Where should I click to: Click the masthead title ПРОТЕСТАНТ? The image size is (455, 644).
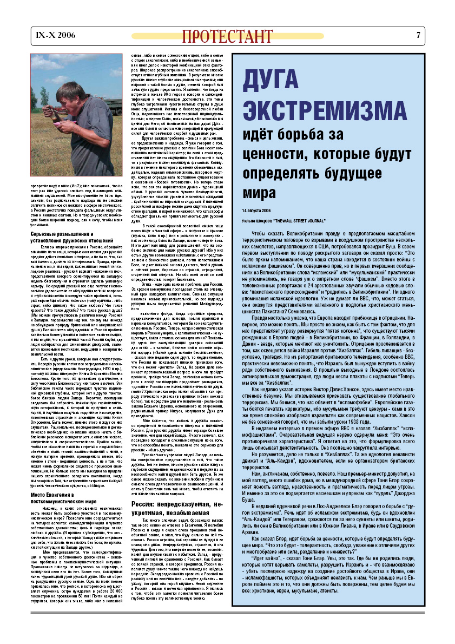point(227,36)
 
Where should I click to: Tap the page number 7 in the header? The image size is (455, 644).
point(418,36)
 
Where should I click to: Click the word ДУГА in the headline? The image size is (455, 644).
point(275,80)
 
